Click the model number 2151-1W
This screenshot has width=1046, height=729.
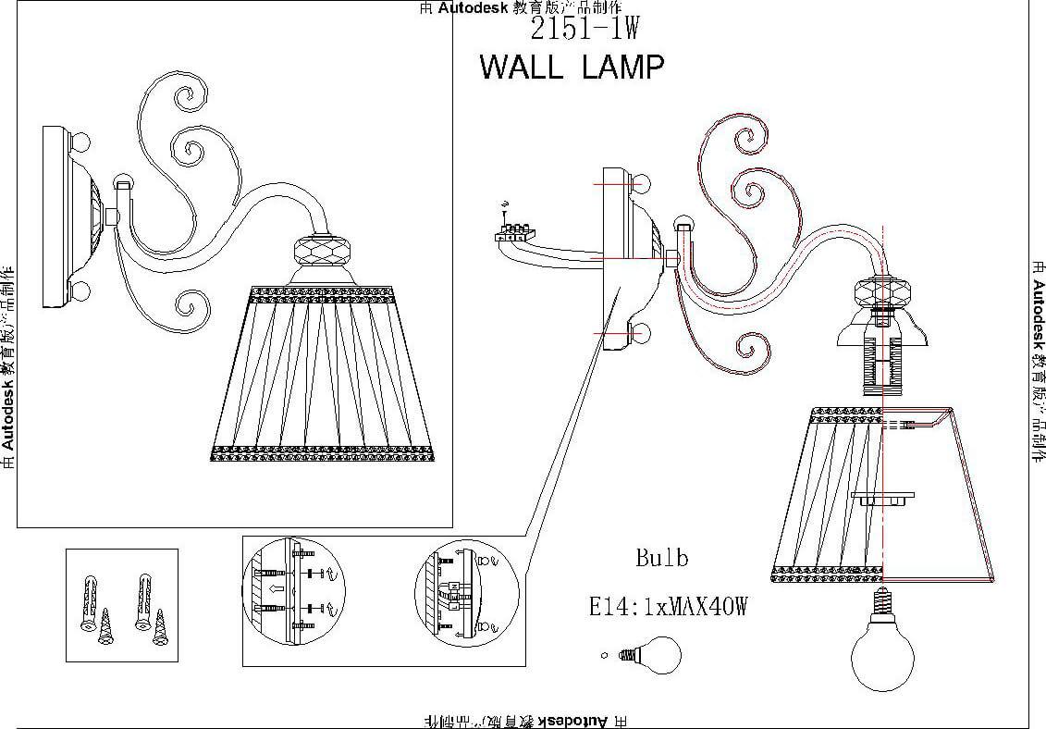585,30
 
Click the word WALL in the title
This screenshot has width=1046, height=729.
521,68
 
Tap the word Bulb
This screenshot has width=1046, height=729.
661,559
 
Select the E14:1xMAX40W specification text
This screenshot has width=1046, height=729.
668,607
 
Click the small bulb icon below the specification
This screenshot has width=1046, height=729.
653,656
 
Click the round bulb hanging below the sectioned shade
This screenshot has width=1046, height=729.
881,653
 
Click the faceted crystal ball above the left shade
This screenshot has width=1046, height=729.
324,252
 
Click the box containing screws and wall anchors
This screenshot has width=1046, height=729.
121,605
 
